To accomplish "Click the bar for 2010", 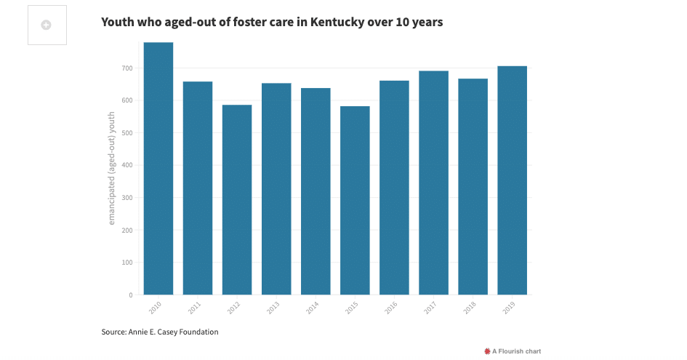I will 158,169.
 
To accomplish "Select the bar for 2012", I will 237,200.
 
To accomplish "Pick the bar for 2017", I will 433,183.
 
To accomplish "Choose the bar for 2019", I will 512,180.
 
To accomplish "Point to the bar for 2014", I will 316,191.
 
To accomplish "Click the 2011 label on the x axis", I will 195,307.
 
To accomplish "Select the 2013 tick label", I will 273,307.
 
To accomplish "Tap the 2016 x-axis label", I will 391,307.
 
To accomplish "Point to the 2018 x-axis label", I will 470,307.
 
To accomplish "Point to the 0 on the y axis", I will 130,295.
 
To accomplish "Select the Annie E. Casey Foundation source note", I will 160,332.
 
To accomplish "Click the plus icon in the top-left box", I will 47,25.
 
